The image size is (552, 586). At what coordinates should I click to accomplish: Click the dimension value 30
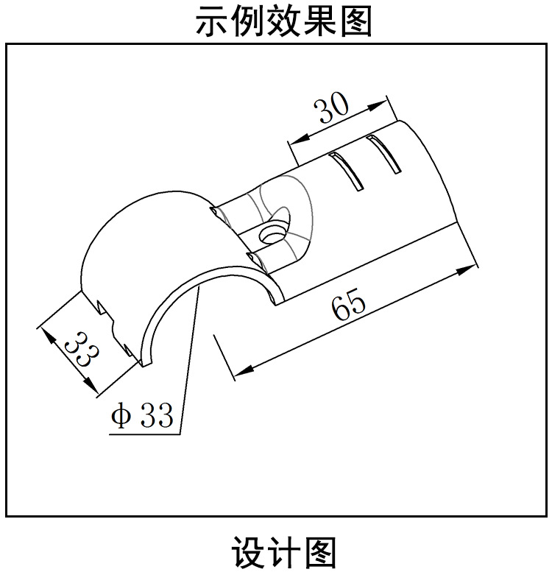332,109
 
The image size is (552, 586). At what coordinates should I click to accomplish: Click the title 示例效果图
284,21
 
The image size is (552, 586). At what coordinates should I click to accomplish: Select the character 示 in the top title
211,21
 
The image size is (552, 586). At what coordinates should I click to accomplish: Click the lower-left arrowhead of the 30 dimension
297,140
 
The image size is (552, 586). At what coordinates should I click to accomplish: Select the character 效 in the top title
284,21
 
